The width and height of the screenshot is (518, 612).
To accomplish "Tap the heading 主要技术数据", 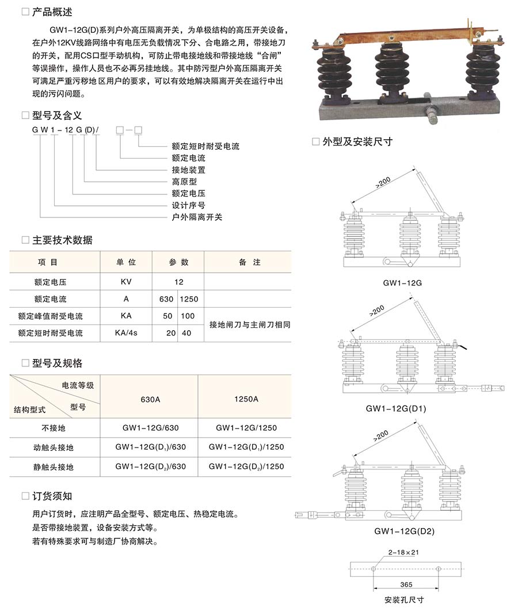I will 62,240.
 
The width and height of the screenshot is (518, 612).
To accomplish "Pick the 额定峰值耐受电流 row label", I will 50,316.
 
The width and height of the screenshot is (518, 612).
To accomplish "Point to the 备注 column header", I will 249,262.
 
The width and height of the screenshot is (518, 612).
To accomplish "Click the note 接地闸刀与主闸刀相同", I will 249,324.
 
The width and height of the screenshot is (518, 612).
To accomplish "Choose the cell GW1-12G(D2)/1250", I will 246,466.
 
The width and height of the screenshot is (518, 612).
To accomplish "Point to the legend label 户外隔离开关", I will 197,217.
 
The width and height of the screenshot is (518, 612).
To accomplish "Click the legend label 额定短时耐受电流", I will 205,147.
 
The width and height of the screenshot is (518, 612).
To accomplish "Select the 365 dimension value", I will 406,584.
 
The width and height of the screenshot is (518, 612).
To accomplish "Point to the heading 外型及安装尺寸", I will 357,141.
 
